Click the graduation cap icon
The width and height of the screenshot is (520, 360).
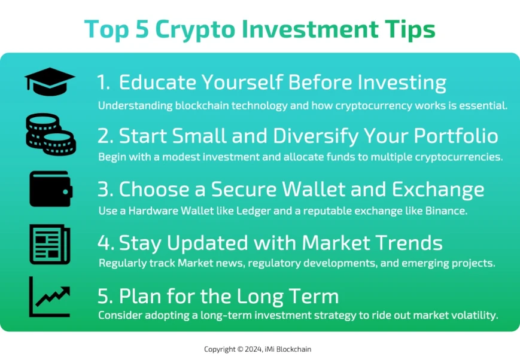click(x=50, y=82)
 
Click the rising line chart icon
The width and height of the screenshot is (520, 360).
click(x=50, y=297)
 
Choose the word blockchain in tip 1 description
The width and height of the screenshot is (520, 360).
click(x=192, y=106)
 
